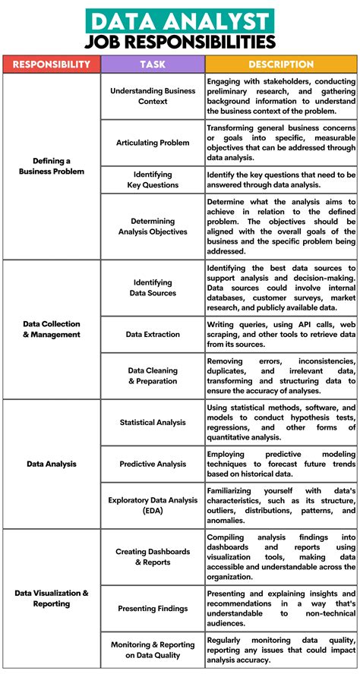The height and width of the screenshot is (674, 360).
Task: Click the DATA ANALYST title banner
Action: pyautogui.click(x=179, y=18)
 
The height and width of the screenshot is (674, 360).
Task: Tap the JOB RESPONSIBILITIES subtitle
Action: pyautogui.click(x=179, y=40)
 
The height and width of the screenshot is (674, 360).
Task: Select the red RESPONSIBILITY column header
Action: pyautogui.click(x=52, y=65)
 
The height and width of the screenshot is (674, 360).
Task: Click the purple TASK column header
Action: pyautogui.click(x=153, y=65)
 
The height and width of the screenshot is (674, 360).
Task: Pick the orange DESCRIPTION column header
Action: pyautogui.click(x=281, y=65)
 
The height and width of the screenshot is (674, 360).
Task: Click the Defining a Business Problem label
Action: pyautogui.click(x=52, y=166)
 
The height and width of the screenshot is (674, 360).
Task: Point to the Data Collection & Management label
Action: pyautogui.click(x=52, y=329)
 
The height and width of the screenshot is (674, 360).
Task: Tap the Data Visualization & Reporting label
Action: pyautogui.click(x=52, y=598)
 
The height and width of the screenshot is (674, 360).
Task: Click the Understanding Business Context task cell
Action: pyautogui.click(x=153, y=96)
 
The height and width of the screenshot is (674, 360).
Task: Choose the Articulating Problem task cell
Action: pyautogui.click(x=153, y=143)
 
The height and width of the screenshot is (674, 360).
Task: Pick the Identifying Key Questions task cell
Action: pyautogui.click(x=153, y=179)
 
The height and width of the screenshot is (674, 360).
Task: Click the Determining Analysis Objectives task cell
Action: pyautogui.click(x=153, y=226)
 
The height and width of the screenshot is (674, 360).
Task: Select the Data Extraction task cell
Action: pyautogui.click(x=153, y=334)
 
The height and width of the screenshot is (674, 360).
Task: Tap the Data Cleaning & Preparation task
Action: pyautogui.click(x=153, y=376)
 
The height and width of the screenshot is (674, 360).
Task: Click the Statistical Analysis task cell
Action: pyautogui.click(x=153, y=422)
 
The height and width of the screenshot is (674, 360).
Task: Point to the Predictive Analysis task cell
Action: pyautogui.click(x=153, y=463)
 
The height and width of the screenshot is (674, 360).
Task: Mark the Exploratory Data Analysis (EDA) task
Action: pyautogui.click(x=153, y=505)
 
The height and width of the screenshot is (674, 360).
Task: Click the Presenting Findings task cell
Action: pyautogui.click(x=153, y=608)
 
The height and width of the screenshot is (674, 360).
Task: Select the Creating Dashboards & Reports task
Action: pyautogui.click(x=153, y=556)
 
